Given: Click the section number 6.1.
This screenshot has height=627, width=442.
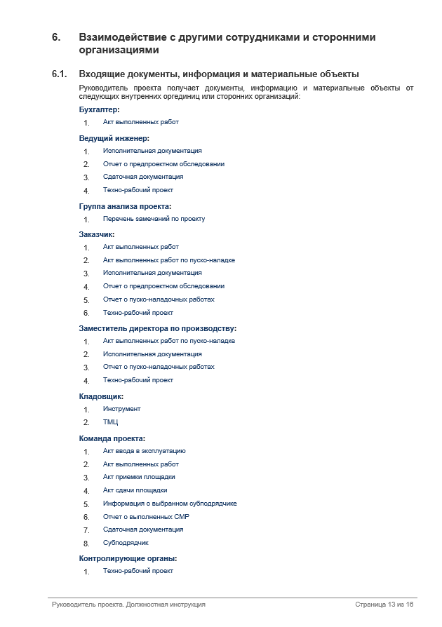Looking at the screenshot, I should [x=59, y=74].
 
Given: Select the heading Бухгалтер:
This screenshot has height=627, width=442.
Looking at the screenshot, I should [x=99, y=109].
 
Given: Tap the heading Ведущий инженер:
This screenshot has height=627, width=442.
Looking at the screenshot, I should [x=114, y=138].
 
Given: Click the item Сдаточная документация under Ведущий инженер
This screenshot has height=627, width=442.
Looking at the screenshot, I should [x=143, y=177].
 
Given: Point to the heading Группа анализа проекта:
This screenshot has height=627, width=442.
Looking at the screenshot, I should [x=125, y=206].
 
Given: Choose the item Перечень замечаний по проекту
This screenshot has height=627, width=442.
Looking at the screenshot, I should [x=154, y=219].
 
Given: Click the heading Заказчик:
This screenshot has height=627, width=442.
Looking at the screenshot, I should [x=96, y=234].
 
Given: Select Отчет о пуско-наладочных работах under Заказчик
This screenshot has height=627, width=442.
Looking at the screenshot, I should [x=159, y=299].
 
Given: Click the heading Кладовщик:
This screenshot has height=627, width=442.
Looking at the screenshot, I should [x=101, y=396].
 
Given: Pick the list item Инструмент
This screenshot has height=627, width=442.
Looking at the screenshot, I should [x=121, y=409].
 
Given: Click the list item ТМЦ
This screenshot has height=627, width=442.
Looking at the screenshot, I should [x=111, y=422].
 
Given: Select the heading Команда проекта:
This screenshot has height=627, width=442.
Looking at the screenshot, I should [x=112, y=438].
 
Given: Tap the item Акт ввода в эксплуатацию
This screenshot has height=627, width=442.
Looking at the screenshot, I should [x=144, y=451].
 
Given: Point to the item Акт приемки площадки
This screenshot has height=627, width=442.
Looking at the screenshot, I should [x=139, y=477].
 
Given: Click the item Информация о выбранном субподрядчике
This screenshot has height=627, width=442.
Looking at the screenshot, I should [x=170, y=504].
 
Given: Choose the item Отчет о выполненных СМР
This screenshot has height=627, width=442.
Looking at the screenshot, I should [x=146, y=517].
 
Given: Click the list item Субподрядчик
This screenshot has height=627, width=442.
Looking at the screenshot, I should [x=126, y=543].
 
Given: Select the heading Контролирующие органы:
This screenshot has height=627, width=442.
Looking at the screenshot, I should [x=128, y=558].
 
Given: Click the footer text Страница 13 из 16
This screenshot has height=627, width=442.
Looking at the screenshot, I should [x=384, y=605].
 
